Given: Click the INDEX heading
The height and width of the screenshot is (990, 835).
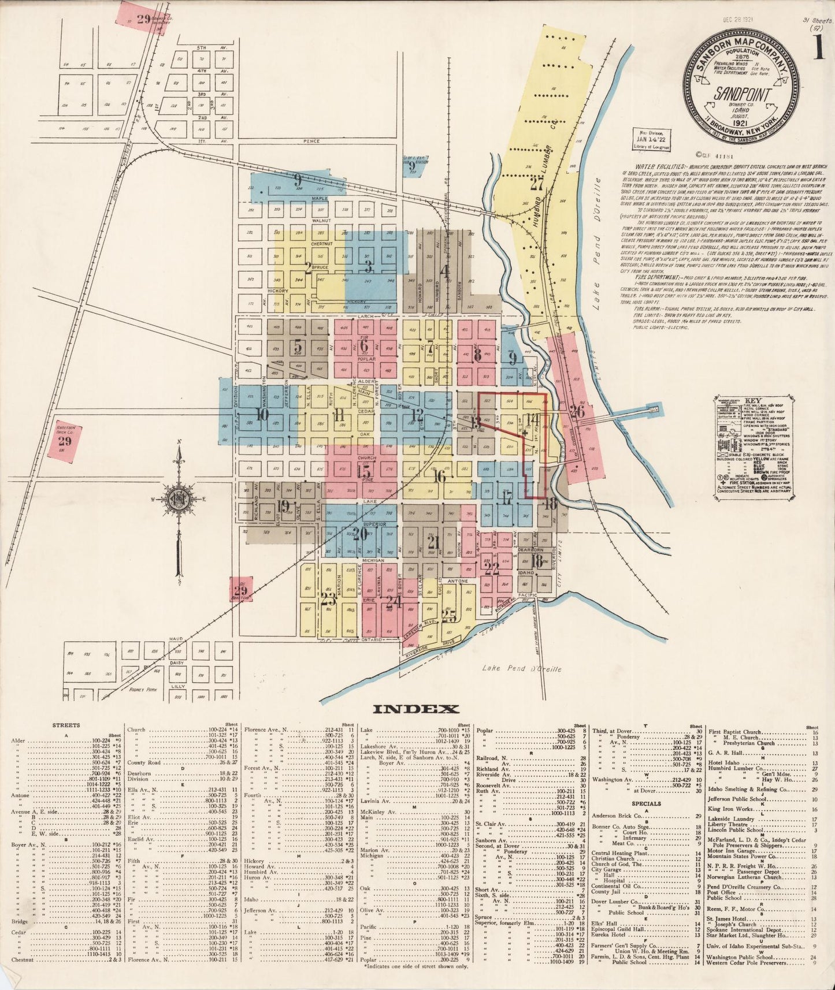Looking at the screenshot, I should pyautogui.click(x=416, y=709).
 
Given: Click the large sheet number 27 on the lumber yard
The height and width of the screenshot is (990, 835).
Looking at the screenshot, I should pyautogui.click(x=537, y=184).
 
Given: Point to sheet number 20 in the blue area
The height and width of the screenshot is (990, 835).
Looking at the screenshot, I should pyautogui.click(x=360, y=534).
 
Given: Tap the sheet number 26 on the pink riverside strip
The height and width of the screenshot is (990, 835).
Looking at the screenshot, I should pyautogui.click(x=577, y=412).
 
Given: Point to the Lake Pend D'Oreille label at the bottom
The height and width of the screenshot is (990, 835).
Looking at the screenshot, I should pyautogui.click(x=521, y=669).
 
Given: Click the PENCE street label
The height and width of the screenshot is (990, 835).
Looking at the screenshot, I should pyautogui.click(x=312, y=141).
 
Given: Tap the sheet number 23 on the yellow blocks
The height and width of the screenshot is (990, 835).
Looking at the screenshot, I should pyautogui.click(x=329, y=599).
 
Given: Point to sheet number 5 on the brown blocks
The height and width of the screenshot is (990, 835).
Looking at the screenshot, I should pyautogui.click(x=298, y=347).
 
